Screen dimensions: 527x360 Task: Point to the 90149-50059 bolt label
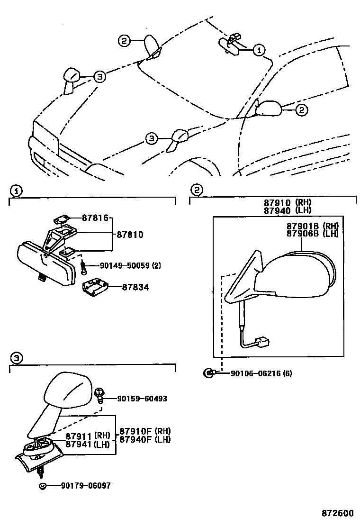point(123,266)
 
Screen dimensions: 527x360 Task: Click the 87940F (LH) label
point(144,439)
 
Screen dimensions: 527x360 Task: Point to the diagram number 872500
point(338,514)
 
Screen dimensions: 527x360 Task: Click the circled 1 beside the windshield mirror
point(259,49)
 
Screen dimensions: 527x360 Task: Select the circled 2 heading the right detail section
point(196,190)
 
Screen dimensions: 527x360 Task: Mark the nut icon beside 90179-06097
point(43,486)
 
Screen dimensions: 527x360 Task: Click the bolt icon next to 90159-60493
point(100,395)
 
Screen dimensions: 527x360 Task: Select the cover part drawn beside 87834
point(95,288)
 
